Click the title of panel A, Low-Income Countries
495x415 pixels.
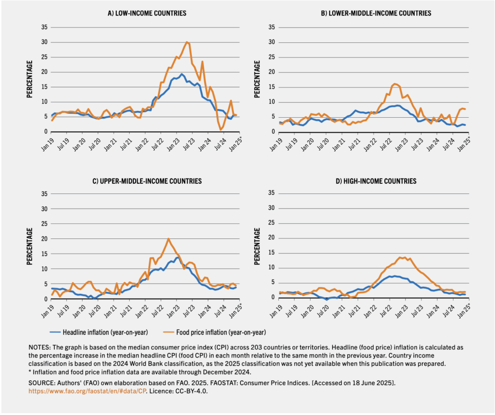146,13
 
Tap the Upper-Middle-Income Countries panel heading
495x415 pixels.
146,181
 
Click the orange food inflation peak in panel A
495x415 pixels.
187,42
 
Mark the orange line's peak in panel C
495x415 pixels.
168,238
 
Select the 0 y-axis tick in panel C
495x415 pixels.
46,299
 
